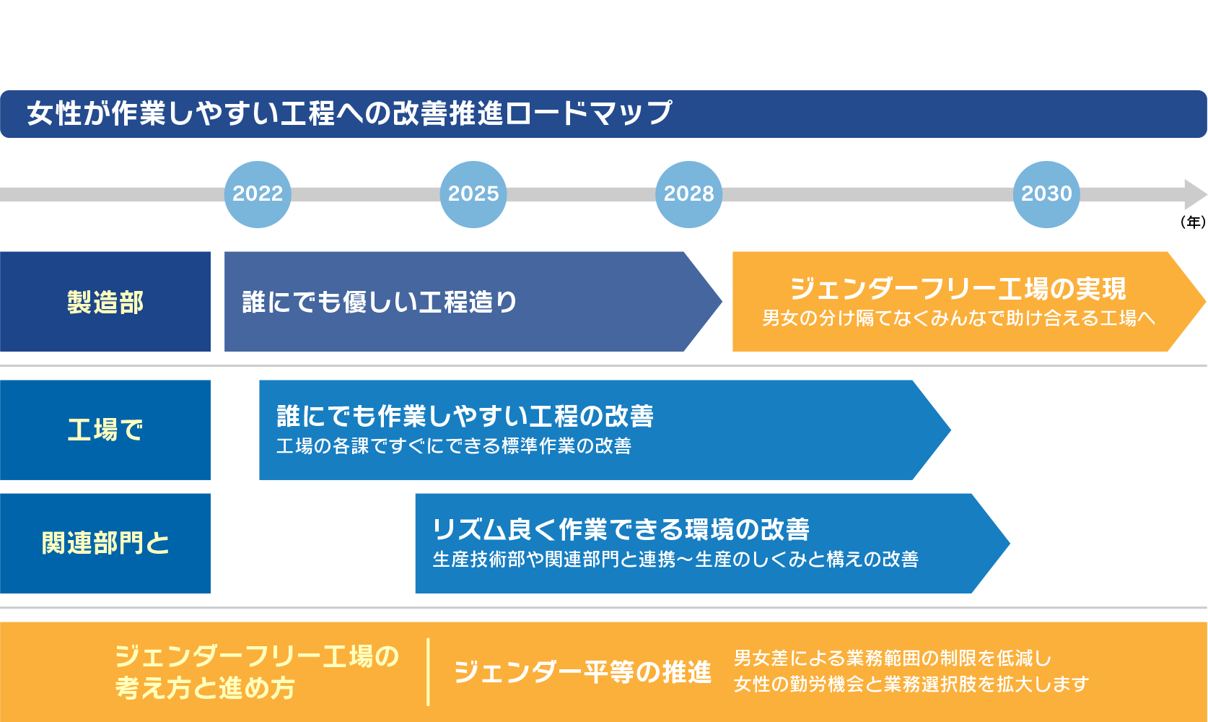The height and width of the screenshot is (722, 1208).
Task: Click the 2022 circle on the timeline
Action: [258, 194]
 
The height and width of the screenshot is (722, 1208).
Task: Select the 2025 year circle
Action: [473, 194]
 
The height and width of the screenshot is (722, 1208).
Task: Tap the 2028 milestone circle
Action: [688, 194]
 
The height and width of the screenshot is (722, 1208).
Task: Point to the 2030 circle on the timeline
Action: [1047, 194]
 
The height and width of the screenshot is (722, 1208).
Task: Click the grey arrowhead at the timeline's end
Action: [1195, 194]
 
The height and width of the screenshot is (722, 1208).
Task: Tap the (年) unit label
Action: [1192, 222]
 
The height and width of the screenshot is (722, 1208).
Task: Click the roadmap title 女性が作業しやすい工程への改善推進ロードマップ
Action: [349, 113]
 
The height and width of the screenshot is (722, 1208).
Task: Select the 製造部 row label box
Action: [105, 302]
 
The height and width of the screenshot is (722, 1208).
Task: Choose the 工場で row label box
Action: [105, 430]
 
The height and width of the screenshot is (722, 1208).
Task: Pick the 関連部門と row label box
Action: [105, 544]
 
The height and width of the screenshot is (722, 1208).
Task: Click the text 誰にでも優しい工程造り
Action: [380, 302]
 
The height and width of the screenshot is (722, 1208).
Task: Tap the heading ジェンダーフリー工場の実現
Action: [958, 289]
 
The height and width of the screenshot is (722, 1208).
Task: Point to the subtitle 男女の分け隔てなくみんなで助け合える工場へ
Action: [958, 318]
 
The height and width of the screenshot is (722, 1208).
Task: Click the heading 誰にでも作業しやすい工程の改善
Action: [465, 416]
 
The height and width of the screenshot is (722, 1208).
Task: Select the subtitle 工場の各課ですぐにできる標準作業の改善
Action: [453, 445]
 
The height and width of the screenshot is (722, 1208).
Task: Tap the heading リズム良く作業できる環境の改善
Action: [621, 529]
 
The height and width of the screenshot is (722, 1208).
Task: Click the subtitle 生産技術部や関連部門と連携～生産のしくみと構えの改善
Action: [675, 559]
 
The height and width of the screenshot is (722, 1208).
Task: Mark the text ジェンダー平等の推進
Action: [583, 672]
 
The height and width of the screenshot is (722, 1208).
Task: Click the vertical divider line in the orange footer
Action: [428, 671]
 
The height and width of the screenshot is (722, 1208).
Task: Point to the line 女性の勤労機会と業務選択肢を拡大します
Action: [911, 684]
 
